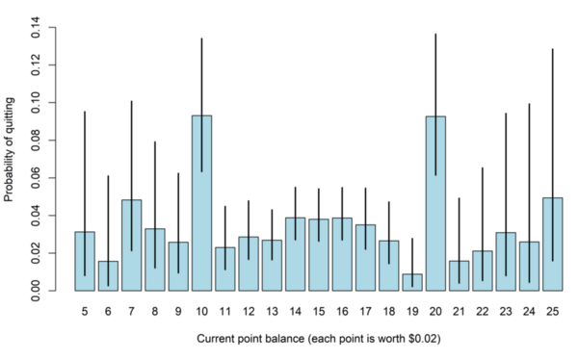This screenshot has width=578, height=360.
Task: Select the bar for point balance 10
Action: coord(202,203)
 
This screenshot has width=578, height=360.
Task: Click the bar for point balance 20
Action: coord(436,203)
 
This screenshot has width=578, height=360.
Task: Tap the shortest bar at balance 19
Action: coord(413,282)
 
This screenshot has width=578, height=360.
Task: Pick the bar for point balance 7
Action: coord(132,245)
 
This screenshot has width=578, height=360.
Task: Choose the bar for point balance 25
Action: coord(553,244)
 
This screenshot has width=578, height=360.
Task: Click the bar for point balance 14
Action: coord(296,254)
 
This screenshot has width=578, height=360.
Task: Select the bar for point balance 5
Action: coord(85,261)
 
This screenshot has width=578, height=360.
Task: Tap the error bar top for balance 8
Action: coord(155,142)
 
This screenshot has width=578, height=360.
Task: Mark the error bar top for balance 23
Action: coord(507,114)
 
